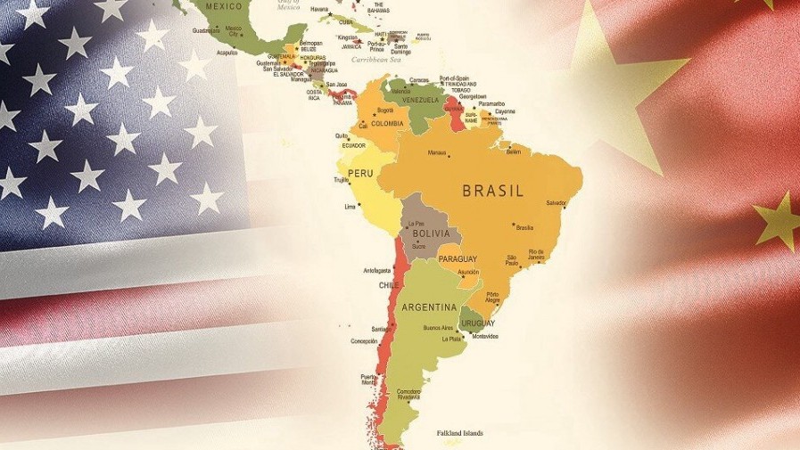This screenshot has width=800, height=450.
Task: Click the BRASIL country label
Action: pos(492,191)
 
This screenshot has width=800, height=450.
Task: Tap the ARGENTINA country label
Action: pos(429,307)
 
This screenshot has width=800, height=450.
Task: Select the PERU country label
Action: pos(359,173)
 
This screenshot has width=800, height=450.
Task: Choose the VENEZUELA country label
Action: pos(423,101)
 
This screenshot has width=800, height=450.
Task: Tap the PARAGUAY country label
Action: pos(458,259)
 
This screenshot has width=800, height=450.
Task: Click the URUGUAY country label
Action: pos(478,323)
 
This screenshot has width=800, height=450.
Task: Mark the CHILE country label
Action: pos(389,285)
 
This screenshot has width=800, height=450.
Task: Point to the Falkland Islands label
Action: pos(459,433)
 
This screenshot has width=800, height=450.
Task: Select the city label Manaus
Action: pos(436,152)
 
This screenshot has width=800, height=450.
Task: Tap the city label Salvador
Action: pos(556,202)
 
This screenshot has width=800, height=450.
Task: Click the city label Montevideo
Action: pos(484,336)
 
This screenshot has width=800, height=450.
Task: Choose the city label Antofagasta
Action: pos(376,270)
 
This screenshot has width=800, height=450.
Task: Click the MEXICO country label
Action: pos(224,6)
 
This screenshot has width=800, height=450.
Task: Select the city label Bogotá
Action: pos(385,110)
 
